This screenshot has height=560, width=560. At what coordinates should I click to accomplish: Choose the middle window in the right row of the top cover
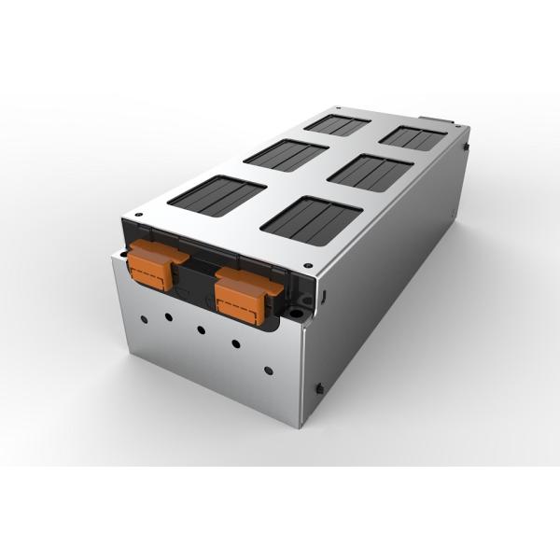pyautogui.click(x=372, y=170)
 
